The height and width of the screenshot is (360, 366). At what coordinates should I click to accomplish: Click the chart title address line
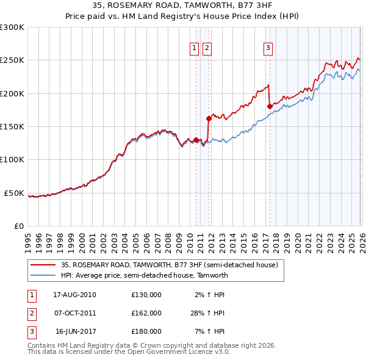click(x=183, y=5)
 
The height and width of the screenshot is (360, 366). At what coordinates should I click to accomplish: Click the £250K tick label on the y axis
click(x=12, y=60)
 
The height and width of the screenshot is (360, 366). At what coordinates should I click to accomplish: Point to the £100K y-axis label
click(x=12, y=159)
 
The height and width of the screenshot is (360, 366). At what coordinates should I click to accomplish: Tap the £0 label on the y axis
click(x=18, y=226)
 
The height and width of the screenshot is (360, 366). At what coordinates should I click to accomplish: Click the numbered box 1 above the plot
click(x=195, y=48)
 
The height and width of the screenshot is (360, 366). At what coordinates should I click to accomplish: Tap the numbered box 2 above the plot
click(x=207, y=48)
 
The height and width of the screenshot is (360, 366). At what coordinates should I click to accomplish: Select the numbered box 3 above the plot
click(x=268, y=48)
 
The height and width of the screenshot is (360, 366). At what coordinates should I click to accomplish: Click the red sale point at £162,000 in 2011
click(x=209, y=118)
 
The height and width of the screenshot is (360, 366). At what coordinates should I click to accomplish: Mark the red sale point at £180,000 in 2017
click(x=270, y=106)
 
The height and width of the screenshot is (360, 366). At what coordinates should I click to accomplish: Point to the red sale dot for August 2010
click(x=196, y=140)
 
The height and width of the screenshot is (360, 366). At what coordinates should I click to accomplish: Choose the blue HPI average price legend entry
click(x=144, y=275)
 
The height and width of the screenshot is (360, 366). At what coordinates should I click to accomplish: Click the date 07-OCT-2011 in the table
click(x=74, y=313)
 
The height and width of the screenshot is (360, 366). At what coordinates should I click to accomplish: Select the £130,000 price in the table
click(x=146, y=295)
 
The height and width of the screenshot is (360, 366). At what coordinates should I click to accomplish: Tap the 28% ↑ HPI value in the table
click(x=207, y=313)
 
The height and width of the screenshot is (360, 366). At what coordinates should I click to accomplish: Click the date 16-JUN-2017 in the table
click(x=74, y=331)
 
